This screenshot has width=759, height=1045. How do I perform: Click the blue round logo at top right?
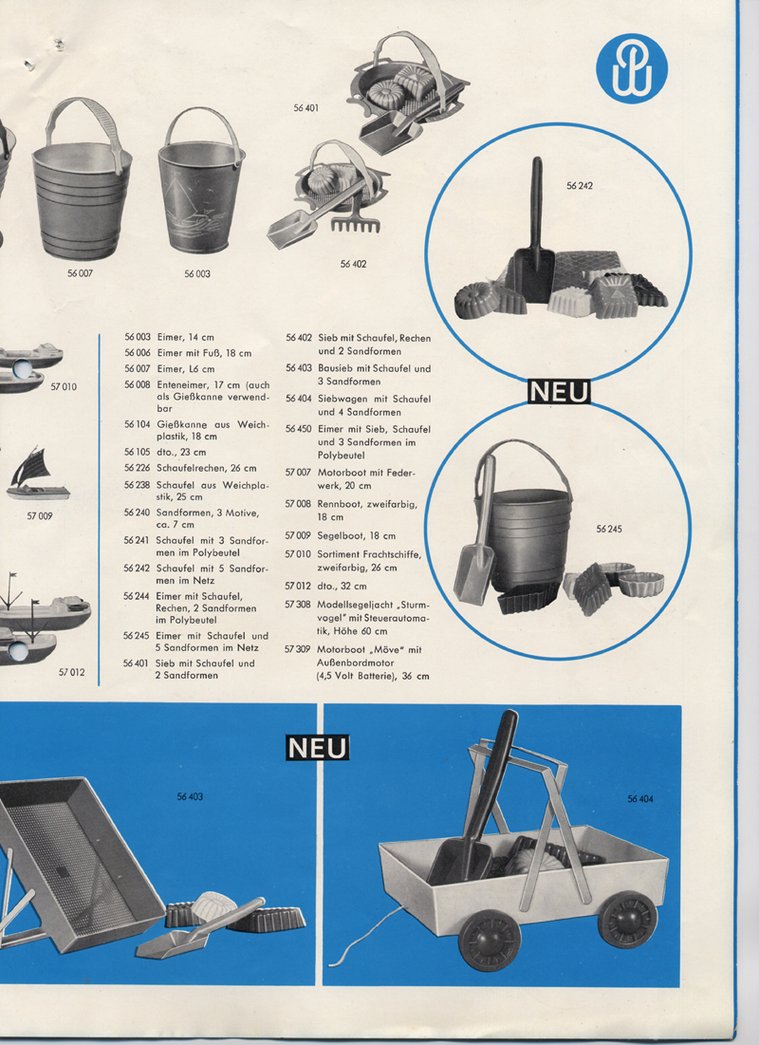point(631,68)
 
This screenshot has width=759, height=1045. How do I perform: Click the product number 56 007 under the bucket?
point(80,273)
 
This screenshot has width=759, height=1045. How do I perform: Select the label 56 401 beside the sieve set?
point(305,107)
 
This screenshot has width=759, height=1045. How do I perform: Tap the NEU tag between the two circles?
point(559,392)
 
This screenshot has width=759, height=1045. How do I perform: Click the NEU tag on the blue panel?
point(317,748)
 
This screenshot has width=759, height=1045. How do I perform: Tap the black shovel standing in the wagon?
point(475,800)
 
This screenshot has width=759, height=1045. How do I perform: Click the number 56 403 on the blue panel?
point(190,796)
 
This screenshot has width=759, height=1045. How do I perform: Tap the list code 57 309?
point(298,649)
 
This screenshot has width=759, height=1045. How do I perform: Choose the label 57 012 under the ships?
point(71,672)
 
